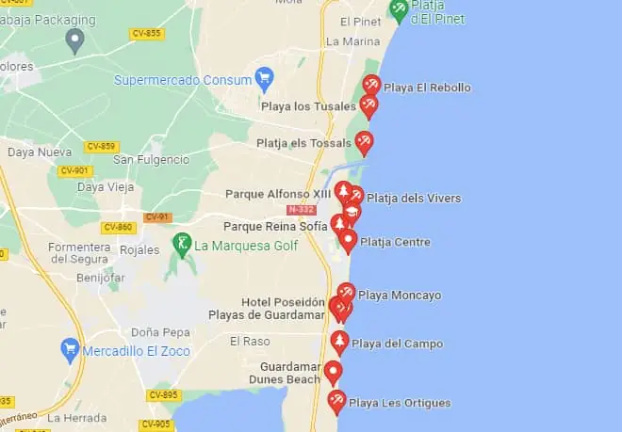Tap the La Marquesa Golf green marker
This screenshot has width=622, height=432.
click(x=184, y=244)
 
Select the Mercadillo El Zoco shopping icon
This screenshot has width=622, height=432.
click(x=69, y=350)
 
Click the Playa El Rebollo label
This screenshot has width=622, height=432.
click(x=427, y=88)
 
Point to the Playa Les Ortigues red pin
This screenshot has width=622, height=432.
click(x=336, y=402)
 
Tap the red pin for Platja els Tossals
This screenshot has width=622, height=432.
click(x=363, y=143)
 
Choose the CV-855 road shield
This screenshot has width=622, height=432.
click(x=146, y=34)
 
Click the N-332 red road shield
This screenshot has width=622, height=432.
click(x=302, y=209)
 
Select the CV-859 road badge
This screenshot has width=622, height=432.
click(x=101, y=147)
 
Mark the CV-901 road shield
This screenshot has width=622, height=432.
click(x=74, y=170)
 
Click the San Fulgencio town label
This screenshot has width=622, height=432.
click(x=148, y=160)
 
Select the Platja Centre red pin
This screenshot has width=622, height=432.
click(x=348, y=241)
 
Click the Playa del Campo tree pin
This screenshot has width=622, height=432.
click(x=339, y=342)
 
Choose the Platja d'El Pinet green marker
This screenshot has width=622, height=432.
click(x=400, y=9)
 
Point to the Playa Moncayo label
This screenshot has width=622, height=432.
click(x=400, y=296)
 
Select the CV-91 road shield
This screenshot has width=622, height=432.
click(x=157, y=217)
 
